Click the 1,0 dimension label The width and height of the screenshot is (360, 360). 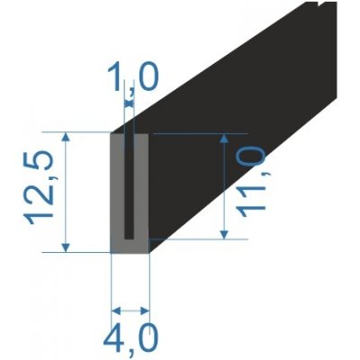click(131, 79)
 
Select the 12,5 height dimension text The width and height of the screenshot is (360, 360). click(42, 192)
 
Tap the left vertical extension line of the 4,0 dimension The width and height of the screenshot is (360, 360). click(111, 283)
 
